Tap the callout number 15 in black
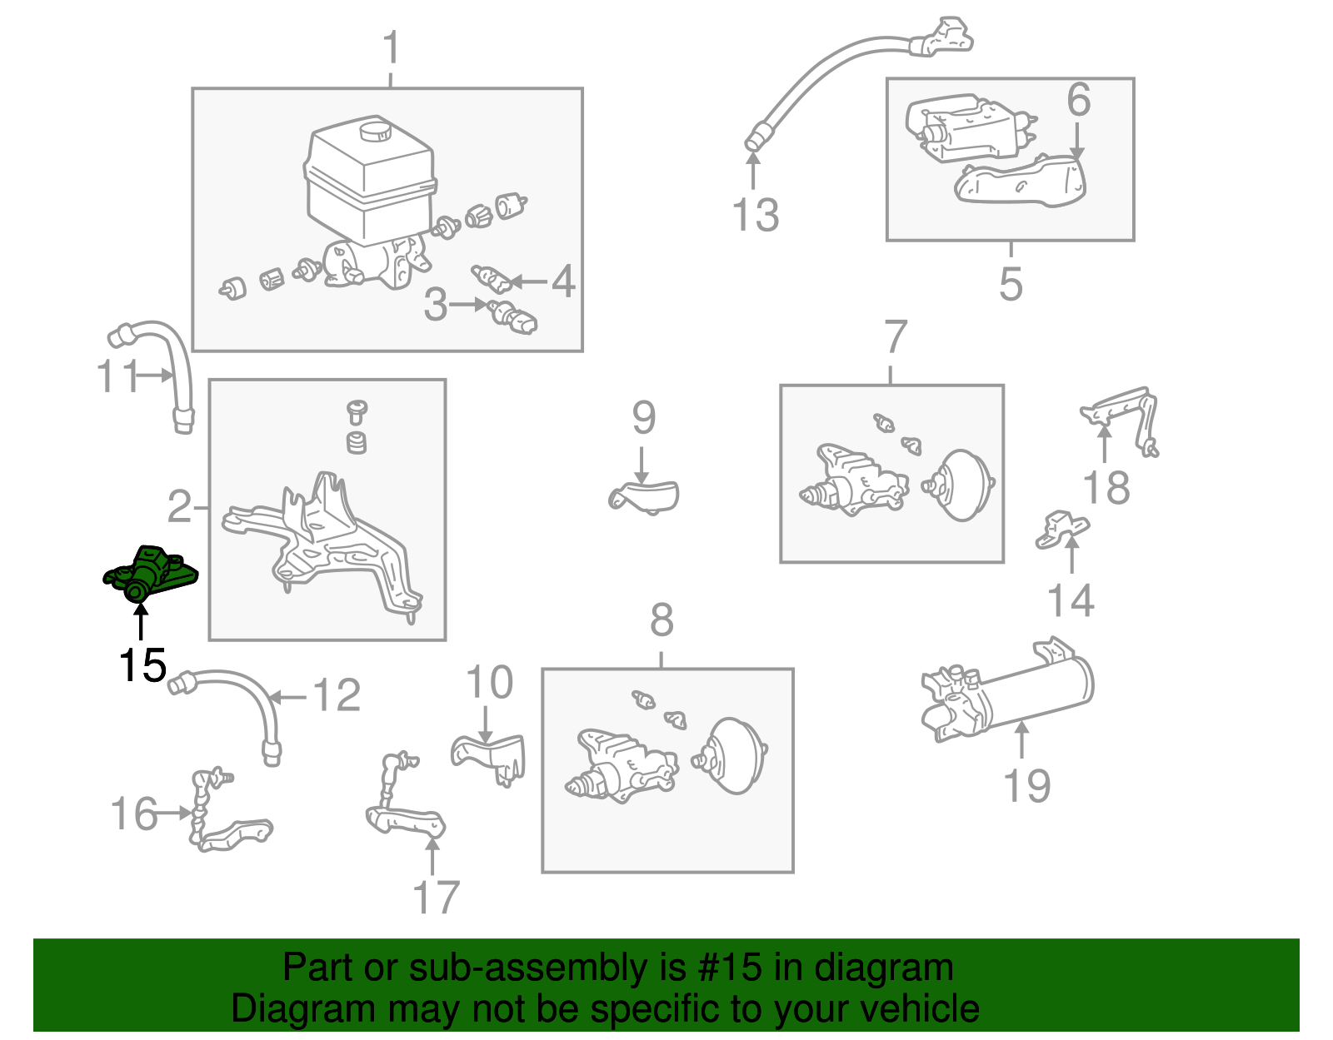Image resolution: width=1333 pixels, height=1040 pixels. click(x=142, y=665)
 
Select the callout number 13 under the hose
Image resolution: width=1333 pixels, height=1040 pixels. click(x=755, y=215)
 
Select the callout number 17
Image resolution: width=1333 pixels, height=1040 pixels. click(x=436, y=898)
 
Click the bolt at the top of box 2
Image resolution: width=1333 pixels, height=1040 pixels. click(x=357, y=410)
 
